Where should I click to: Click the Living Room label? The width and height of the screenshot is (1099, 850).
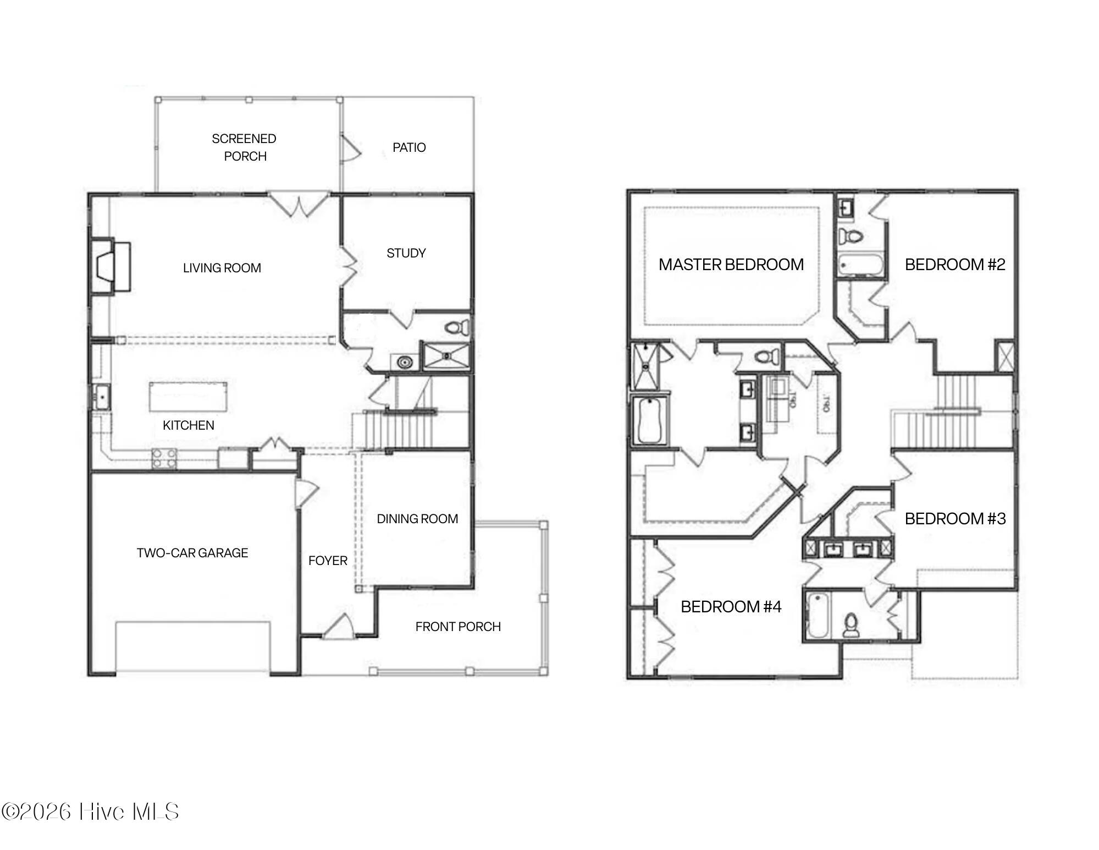coord(222,268)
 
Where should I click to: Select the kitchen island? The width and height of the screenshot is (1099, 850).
coord(188,396)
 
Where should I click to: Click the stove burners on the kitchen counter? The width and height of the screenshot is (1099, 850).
coord(164,459)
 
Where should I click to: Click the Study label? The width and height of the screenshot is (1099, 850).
coord(406,253)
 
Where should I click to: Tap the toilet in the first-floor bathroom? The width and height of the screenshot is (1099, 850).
coord(456,328)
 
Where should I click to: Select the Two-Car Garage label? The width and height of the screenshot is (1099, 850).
coord(192,553)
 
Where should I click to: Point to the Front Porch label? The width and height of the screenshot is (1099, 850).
coord(457,627)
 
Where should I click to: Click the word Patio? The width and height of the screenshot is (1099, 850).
coord(409,147)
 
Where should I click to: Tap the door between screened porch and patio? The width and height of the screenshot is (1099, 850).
coord(350,147)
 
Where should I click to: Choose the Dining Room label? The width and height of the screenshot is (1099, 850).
coord(417,519)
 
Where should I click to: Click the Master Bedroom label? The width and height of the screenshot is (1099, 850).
coord(731,265)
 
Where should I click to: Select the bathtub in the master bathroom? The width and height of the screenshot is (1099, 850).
coord(650,421)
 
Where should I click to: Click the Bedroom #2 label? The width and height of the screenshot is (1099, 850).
coord(954,265)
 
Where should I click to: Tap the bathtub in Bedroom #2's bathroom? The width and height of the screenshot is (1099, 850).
coord(860,265)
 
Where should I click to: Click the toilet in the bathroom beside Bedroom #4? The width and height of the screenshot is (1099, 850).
coord(851,626)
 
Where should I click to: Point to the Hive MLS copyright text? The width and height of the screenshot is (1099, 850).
coord(90,811)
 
